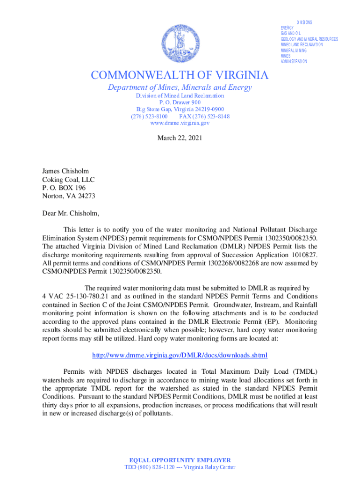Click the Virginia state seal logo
(180, 45)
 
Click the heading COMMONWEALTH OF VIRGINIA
(180, 75)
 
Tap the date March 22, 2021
(180, 138)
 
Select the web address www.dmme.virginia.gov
(180, 123)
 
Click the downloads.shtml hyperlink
(180, 355)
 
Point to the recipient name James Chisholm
(65, 171)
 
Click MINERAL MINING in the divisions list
(294, 51)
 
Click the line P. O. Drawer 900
(180, 102)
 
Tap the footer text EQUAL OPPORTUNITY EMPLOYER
(180, 460)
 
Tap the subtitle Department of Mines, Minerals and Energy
(180, 87)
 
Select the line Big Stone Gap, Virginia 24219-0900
(180, 109)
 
